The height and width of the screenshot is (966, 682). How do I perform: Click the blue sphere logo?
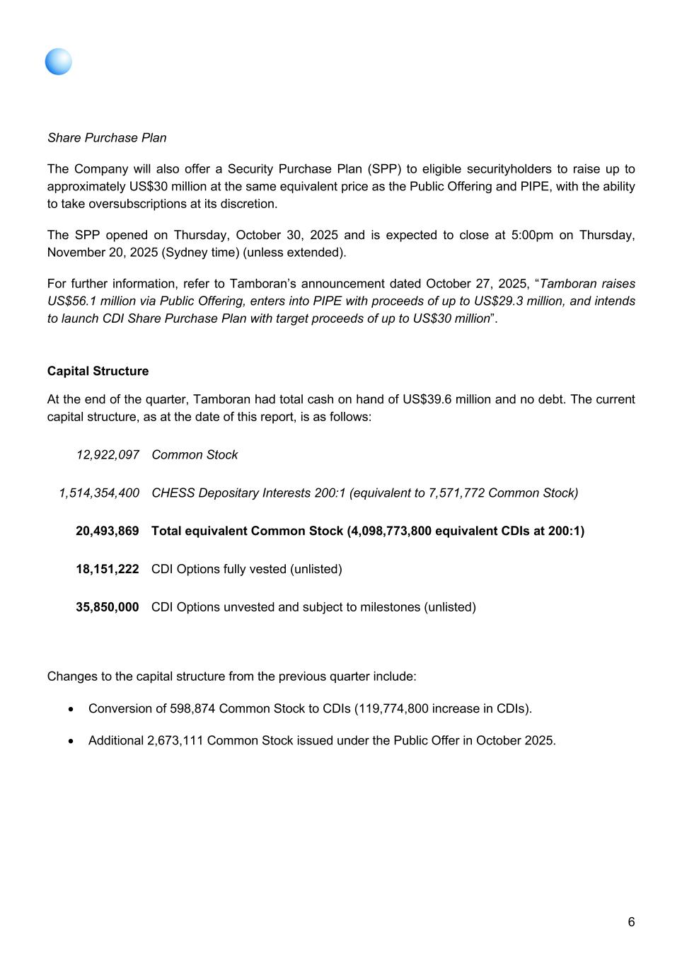(x=59, y=62)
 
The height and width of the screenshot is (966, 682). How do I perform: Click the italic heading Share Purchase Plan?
(x=107, y=137)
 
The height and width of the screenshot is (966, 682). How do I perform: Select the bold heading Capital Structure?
(x=98, y=371)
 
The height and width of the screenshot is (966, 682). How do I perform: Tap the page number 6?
(x=631, y=921)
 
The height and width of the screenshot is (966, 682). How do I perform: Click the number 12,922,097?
(x=108, y=454)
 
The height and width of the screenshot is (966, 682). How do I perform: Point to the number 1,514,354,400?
(x=99, y=493)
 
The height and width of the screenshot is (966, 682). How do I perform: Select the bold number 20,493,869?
(x=108, y=531)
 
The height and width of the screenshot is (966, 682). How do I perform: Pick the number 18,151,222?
(x=108, y=569)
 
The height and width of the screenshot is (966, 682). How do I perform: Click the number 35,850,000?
(x=108, y=607)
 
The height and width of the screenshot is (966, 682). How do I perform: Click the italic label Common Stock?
(x=195, y=454)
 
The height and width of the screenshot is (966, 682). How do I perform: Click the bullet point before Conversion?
(x=71, y=708)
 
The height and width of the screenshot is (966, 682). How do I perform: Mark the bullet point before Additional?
(x=71, y=741)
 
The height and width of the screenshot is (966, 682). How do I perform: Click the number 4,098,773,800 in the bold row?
(x=389, y=531)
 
